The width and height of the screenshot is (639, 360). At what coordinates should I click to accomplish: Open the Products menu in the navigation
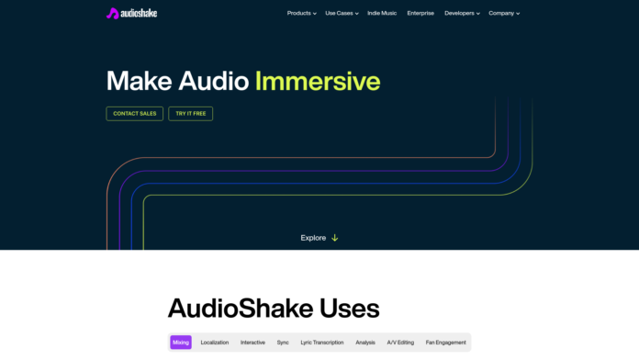[x=301, y=14]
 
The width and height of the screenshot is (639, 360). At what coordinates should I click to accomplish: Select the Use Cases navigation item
[x=342, y=14]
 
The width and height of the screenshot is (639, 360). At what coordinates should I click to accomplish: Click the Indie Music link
[x=383, y=14]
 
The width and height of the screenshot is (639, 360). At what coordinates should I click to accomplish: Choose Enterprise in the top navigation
[x=420, y=14]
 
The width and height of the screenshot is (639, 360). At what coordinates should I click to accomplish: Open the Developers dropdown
[x=462, y=14]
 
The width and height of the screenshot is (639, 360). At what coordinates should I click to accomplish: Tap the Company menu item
[x=504, y=14]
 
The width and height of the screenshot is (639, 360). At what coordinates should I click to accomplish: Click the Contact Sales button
[x=135, y=114]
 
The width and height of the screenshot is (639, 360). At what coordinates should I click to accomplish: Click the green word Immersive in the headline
[x=318, y=81]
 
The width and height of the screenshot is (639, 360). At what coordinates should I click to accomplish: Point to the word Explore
[x=313, y=238]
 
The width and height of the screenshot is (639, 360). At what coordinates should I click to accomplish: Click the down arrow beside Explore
[x=335, y=238]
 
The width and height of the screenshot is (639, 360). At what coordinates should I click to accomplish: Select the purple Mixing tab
[x=181, y=343]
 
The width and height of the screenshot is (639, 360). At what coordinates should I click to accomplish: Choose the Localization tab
[x=214, y=343]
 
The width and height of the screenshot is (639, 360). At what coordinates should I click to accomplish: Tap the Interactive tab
[x=252, y=343]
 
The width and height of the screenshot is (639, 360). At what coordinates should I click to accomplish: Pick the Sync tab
[x=283, y=343]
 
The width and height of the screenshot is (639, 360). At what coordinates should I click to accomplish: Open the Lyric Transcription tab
[x=322, y=343]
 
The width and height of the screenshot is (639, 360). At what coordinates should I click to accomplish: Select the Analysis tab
[x=365, y=343]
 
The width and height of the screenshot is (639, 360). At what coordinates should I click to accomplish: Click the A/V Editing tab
[x=400, y=343]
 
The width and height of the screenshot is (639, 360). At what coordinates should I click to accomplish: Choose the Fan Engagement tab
[x=446, y=343]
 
